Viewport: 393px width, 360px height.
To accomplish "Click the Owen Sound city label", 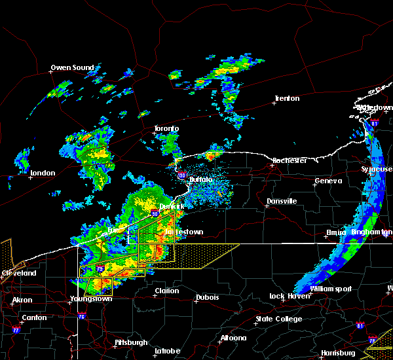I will point(73,67).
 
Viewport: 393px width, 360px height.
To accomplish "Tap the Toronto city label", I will point(166,129).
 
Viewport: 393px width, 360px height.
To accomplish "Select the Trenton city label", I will point(287,99).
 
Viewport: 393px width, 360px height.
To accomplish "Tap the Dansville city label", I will point(282,201).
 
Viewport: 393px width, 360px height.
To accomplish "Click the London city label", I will point(43,173).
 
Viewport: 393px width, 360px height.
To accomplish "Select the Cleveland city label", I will point(18,272).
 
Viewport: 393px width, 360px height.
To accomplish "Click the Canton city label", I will point(34,318).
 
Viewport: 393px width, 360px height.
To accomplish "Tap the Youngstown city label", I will point(91,298).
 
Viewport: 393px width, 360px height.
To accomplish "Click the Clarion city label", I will point(166,291).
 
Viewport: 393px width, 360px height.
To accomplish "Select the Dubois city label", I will point(207,298).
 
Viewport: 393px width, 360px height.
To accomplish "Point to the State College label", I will point(279,319).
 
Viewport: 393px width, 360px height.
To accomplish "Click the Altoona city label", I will point(233,338).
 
